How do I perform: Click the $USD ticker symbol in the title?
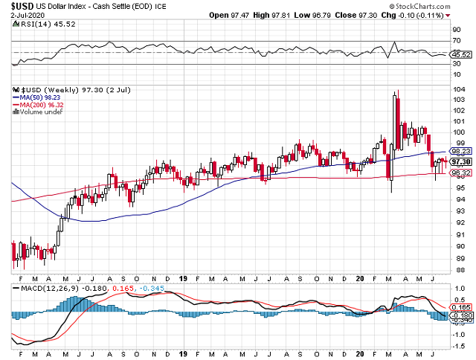23,5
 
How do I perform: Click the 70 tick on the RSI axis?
456,41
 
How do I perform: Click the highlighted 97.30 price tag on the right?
461,162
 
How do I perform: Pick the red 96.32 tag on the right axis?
461,173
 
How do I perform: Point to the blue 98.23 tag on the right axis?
461,152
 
